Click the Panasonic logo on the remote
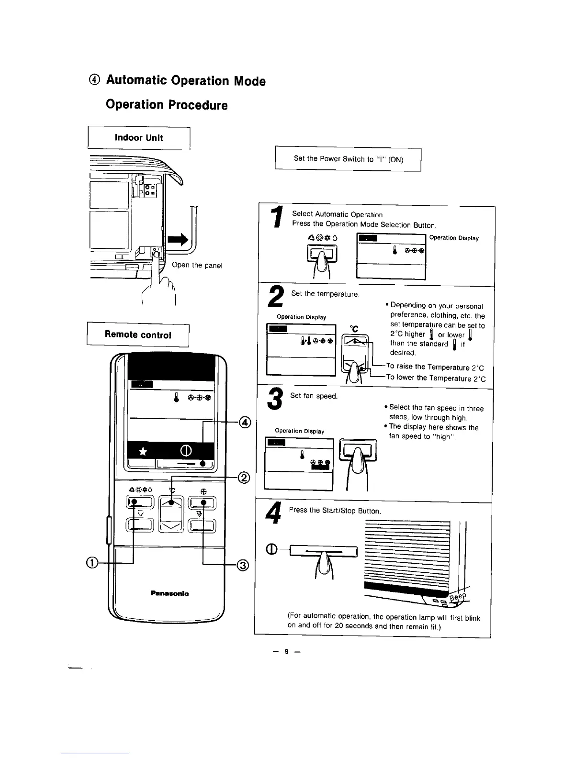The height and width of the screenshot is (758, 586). pyautogui.click(x=169, y=593)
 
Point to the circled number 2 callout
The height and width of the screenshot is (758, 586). pyautogui.click(x=244, y=478)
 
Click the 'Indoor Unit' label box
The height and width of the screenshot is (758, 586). pyautogui.click(x=139, y=138)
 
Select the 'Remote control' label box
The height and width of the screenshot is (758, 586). pyautogui.click(x=138, y=334)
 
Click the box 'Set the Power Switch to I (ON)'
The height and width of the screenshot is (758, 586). pyautogui.click(x=348, y=159)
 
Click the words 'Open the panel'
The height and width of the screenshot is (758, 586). pyautogui.click(x=197, y=265)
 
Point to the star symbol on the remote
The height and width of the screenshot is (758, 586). pyautogui.click(x=142, y=451)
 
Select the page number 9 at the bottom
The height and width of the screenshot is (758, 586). pyautogui.click(x=286, y=651)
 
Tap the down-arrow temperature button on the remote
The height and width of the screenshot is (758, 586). pyautogui.click(x=171, y=525)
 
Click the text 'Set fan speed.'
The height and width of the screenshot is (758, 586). pyautogui.click(x=314, y=396)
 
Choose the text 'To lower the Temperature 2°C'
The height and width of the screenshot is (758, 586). pyautogui.click(x=436, y=378)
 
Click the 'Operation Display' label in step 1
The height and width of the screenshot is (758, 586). pyautogui.click(x=454, y=238)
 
